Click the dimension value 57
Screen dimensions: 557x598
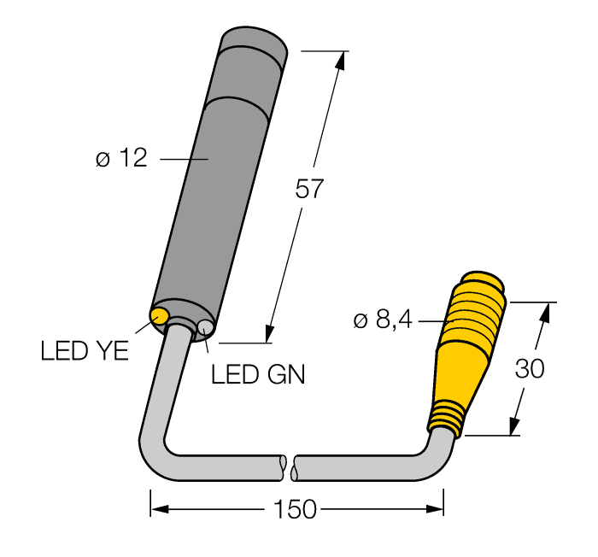click(x=309, y=188)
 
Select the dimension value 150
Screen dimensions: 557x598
click(x=295, y=510)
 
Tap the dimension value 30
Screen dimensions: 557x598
click(x=530, y=369)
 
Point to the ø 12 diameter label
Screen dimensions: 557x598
click(x=121, y=159)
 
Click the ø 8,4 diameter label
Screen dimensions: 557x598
click(x=382, y=320)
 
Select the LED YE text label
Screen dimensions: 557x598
click(x=84, y=351)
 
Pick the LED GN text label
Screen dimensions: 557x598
click(x=257, y=374)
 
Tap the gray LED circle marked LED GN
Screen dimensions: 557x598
click(x=205, y=328)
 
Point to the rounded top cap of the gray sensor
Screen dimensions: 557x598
click(x=253, y=43)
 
